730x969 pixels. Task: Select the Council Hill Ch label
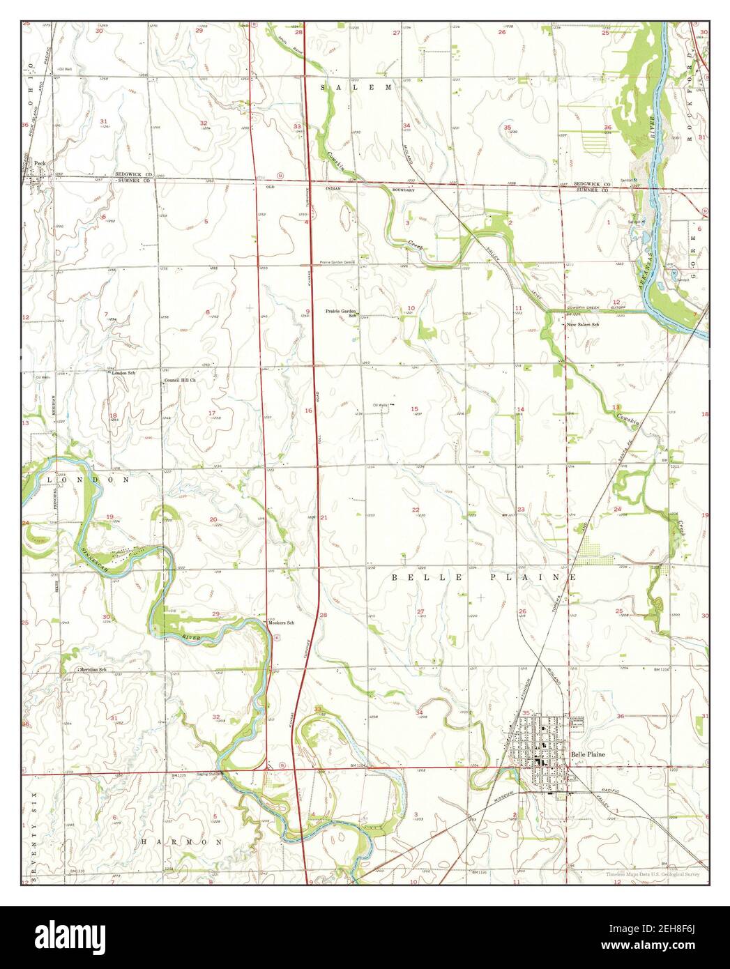pyautogui.click(x=179, y=381)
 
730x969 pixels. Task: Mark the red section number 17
pyautogui.click(x=212, y=413)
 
